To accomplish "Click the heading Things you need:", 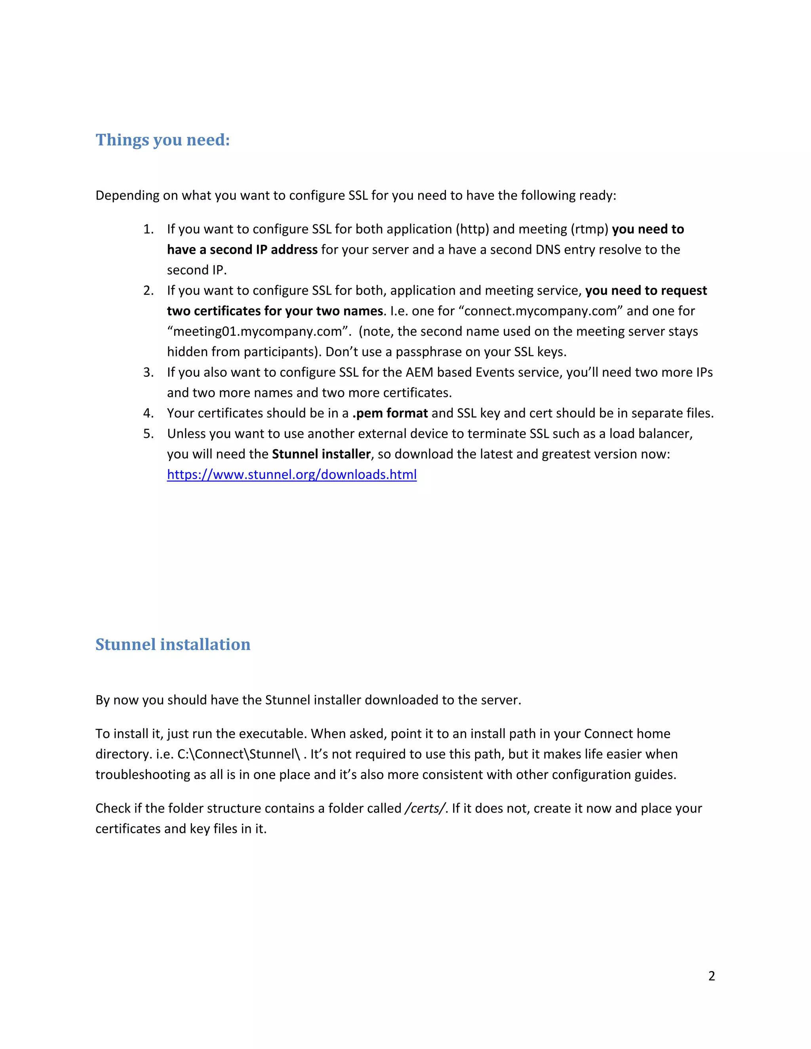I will pyautogui.click(x=162, y=140).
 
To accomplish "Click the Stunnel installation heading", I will pyautogui.click(x=173, y=644).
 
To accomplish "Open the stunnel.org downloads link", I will pyautogui.click(x=291, y=475).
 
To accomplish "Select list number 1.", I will pyautogui.click(x=148, y=229).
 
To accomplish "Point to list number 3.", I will pyautogui.click(x=148, y=372).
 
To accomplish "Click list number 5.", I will pyautogui.click(x=148, y=434).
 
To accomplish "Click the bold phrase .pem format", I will pyautogui.click(x=390, y=413).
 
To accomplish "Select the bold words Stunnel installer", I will pyautogui.click(x=321, y=454).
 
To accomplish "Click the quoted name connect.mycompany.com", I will pyautogui.click(x=541, y=311).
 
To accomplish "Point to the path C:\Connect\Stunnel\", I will pyautogui.click(x=238, y=754).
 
